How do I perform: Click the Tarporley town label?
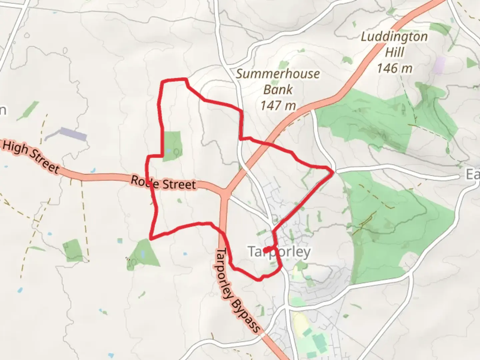pyautogui.click(x=279, y=252)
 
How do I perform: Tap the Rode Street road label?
pyautogui.click(x=163, y=182)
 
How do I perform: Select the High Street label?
pyautogui.click(x=31, y=156)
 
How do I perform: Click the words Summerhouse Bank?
pyautogui.click(x=278, y=81)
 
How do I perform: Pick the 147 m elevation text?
pyautogui.click(x=278, y=105)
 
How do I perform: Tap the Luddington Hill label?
pyautogui.click(x=394, y=44)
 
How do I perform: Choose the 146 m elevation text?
pyautogui.click(x=394, y=68)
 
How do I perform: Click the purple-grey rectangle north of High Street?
pyautogui.click(x=73, y=134)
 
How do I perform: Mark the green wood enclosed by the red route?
pyautogui.click(x=172, y=146)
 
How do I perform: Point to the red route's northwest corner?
pyautogui.click(x=162, y=81)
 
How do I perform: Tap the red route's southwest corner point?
pyautogui.click(x=151, y=239)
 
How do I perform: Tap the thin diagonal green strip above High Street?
pyautogui.click(x=28, y=110)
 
